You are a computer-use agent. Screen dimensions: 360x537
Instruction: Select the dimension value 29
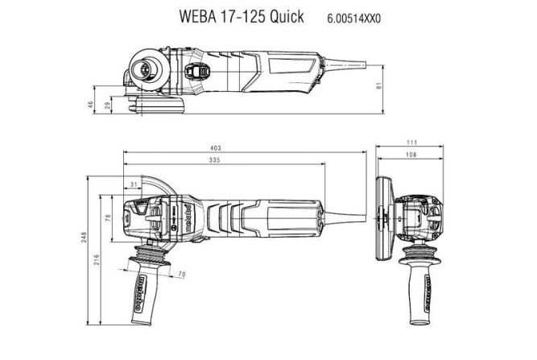point(108,106)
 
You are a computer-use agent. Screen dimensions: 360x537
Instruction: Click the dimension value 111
point(411,143)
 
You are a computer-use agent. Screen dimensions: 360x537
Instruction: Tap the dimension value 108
point(411,155)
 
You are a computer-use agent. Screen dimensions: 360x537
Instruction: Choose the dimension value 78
point(109,219)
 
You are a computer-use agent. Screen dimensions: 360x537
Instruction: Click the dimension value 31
point(133,184)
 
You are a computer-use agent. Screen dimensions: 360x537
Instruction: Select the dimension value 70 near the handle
point(182,275)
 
